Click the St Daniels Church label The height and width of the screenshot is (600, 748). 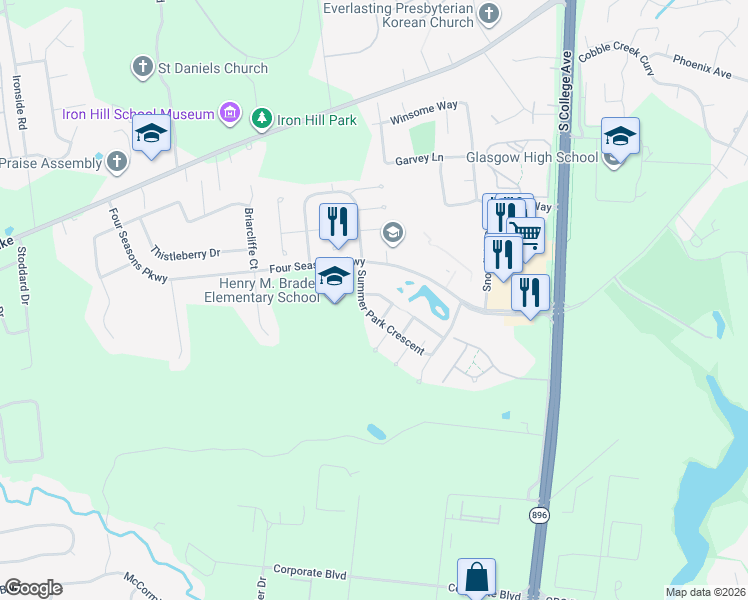click(212, 68)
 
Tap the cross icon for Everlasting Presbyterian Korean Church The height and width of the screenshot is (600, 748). click(488, 14)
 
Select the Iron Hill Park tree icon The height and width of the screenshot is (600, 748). click(262, 119)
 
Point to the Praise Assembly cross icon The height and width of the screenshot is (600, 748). click(117, 160)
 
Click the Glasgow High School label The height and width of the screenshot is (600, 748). click(532, 158)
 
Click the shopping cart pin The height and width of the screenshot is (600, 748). click(526, 237)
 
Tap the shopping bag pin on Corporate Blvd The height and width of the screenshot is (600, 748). click(477, 577)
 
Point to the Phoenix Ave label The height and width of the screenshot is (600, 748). click(702, 72)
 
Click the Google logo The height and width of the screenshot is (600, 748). click(33, 588)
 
